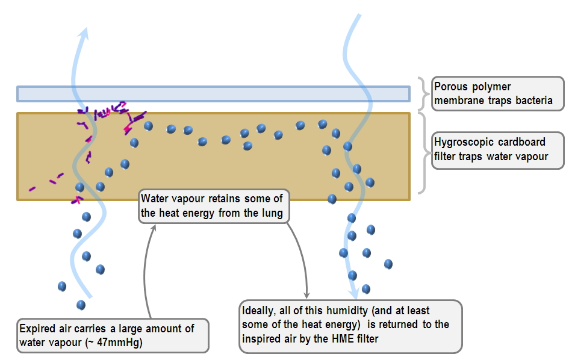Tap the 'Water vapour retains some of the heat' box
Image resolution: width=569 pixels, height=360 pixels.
214,206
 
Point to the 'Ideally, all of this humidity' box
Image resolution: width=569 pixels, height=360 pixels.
350,325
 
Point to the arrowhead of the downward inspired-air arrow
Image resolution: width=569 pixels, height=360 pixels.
354,293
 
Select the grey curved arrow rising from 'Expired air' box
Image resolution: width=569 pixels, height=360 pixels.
146,271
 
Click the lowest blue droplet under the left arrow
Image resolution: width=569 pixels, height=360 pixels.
81,305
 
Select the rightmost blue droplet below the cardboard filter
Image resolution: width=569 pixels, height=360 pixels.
388,264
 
